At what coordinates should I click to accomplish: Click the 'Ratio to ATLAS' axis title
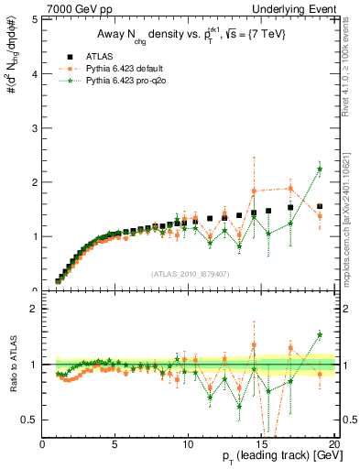click(x=10, y=365)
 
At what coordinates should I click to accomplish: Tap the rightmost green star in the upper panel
click(x=320, y=169)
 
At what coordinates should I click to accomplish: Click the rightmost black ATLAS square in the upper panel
click(x=320, y=207)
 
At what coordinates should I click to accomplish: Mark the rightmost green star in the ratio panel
click(x=320, y=334)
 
